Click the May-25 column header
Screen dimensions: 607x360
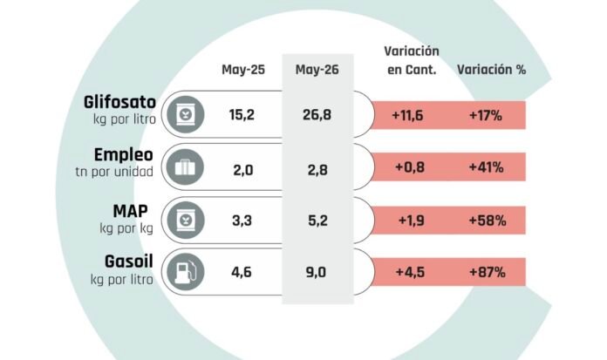click(x=243, y=70)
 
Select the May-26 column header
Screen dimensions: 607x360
click(x=317, y=70)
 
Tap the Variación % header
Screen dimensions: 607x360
click(x=491, y=70)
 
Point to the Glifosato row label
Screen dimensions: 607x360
click(x=119, y=102)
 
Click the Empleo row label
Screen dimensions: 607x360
click(x=124, y=155)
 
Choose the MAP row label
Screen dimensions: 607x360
click(x=131, y=211)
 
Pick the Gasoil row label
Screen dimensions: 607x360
click(x=128, y=262)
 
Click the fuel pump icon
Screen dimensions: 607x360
click(x=186, y=272)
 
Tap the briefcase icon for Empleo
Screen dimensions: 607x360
click(x=186, y=167)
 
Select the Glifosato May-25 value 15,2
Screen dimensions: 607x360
click(x=242, y=115)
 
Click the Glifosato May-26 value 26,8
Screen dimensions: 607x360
click(x=317, y=115)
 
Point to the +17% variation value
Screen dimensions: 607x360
click(x=486, y=115)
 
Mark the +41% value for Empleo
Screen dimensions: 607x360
click(x=487, y=167)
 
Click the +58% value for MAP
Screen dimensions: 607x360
click(x=488, y=221)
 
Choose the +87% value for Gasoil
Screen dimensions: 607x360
click(x=488, y=272)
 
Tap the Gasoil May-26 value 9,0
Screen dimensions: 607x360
click(x=316, y=272)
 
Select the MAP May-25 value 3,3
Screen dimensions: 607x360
click(x=242, y=221)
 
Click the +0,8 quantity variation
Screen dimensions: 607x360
click(x=410, y=167)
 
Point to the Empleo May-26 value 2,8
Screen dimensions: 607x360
click(x=317, y=170)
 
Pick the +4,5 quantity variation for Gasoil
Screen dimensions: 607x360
click(x=410, y=272)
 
